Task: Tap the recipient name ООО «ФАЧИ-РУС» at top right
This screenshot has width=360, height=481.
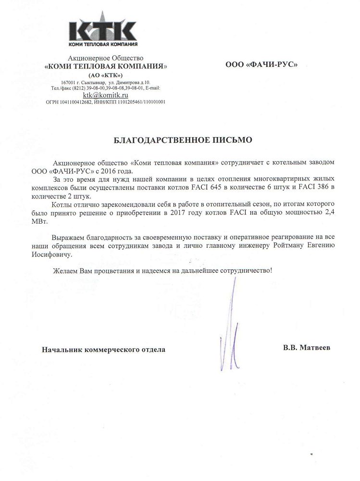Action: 261,64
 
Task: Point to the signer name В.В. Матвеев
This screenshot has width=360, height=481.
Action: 307,347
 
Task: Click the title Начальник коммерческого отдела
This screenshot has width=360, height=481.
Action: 103,350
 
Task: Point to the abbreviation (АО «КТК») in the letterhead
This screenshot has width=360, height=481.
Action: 105,76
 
